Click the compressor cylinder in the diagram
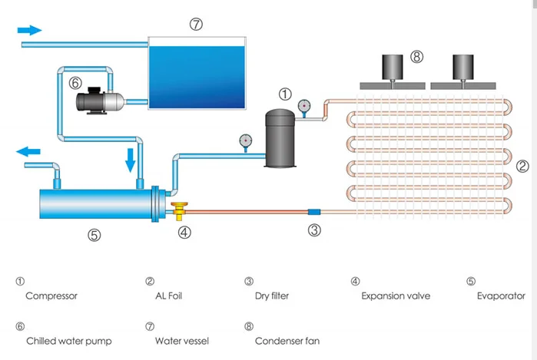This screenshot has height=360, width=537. tap(280, 138)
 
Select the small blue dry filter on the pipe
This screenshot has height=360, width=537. tap(314, 212)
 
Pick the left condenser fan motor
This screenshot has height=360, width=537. tap(393, 68)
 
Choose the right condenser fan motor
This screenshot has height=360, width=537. tap(463, 68)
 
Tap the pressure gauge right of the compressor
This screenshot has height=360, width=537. tap(303, 106)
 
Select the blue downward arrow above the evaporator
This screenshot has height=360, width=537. tap(130, 160)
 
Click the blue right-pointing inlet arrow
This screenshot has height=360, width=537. tap(29, 30)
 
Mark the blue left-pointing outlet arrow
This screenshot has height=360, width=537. tap(28, 151)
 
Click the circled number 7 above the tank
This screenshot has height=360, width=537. tap(196, 25)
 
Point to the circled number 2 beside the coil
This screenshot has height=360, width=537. tap(522, 167)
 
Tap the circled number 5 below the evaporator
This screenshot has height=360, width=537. tap(94, 235)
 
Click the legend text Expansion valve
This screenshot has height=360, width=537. tap(396, 296)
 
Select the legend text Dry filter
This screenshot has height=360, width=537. tap(272, 296)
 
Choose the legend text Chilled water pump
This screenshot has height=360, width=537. tap(69, 341)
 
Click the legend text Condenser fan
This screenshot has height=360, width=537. tap(287, 341)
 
